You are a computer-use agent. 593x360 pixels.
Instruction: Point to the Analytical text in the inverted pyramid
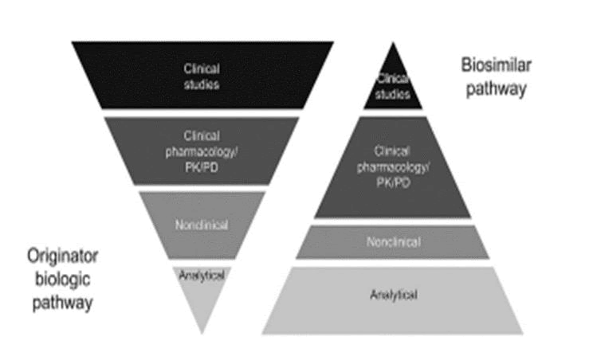coord(202,275)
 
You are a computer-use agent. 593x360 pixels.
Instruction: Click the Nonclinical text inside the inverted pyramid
coord(202,225)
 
